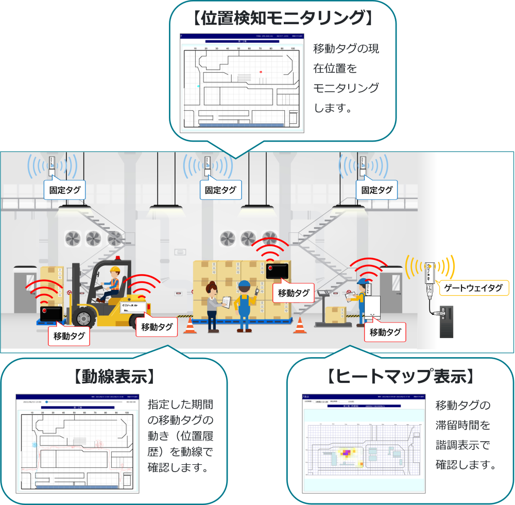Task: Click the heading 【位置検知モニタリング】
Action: pyautogui.click(x=282, y=19)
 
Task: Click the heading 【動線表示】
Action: pyautogui.click(x=114, y=377)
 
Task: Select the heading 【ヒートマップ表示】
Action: pyautogui.click(x=400, y=377)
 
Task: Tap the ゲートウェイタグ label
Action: pyautogui.click(x=473, y=288)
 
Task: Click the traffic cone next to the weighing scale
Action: pyautogui.click(x=300, y=326)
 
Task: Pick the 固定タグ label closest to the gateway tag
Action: pyautogui.click(x=376, y=190)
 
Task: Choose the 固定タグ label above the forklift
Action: pyautogui.click(x=65, y=190)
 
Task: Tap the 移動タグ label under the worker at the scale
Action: pyautogui.click(x=385, y=332)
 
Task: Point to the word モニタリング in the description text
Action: pyautogui.click(x=346, y=88)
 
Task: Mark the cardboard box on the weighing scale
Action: pyautogui.click(x=336, y=313)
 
